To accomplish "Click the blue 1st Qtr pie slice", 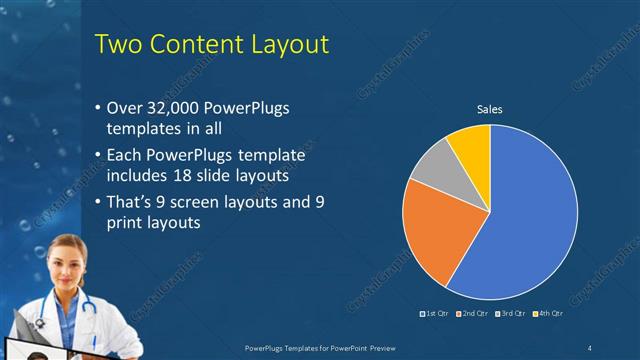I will (530, 220).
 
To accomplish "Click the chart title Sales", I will (489, 109).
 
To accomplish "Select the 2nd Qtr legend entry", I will (472, 314).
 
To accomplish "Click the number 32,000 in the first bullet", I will (171, 108).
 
